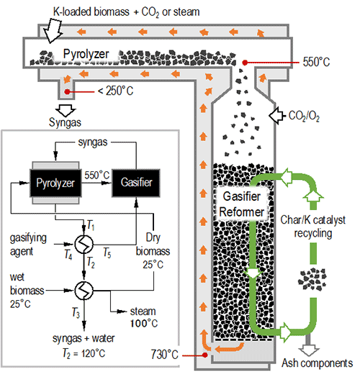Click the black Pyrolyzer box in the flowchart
tap(55, 183)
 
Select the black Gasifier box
tap(136, 183)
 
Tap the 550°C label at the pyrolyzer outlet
tap(316, 62)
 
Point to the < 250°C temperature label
tap(115, 91)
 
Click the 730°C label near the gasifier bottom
tap(165, 355)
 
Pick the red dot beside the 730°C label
tap(204, 355)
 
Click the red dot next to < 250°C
tap(67, 91)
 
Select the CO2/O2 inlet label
tap(304, 116)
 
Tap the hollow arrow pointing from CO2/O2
tap(276, 116)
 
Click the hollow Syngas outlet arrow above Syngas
tap(66, 110)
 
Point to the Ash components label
tap(318, 363)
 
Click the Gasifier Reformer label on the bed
tap(242, 204)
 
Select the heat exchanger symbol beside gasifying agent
tap(84, 245)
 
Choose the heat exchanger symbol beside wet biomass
tap(84, 291)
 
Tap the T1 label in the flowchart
tap(91, 225)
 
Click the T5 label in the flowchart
tap(107, 253)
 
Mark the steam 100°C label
tap(144, 317)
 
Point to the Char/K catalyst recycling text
tap(312, 227)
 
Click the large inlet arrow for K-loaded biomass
tap(53, 31)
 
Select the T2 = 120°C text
tap(84, 353)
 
